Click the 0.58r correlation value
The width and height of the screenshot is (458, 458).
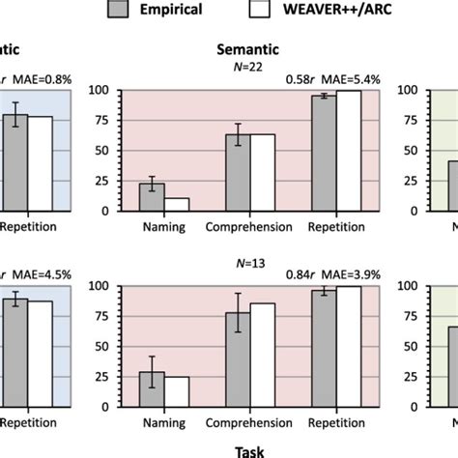click(302, 75)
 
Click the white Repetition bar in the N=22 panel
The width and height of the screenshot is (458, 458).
click(348, 152)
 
